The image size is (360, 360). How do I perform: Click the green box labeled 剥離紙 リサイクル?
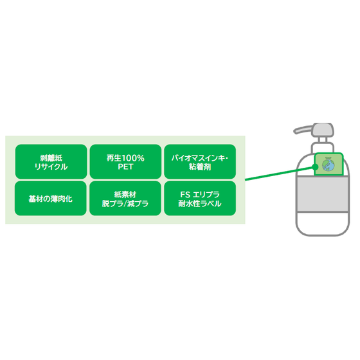click(51, 161)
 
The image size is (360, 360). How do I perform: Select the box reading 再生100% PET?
click(125, 161)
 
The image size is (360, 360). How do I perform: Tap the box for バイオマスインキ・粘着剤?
click(200, 161)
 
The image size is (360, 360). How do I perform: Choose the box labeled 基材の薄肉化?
click(51, 199)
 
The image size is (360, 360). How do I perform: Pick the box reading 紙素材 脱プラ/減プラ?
click(125, 199)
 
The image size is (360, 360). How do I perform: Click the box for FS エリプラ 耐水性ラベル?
click(200, 199)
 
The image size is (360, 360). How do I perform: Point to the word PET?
click(125, 167)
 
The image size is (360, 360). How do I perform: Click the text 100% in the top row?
click(132, 158)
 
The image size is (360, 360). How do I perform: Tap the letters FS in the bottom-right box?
click(185, 195)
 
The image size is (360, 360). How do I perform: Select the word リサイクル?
click(51, 167)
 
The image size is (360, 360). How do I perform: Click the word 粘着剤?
click(200, 167)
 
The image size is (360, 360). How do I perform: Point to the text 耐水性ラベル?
click(200, 204)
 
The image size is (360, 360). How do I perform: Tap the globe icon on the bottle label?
click(328, 165)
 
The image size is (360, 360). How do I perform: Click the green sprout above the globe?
click(328, 157)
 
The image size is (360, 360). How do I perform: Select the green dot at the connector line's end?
click(315, 166)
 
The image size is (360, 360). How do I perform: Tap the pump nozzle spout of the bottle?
click(303, 129)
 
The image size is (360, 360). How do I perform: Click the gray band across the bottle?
click(323, 194)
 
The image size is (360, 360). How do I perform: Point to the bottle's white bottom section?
click(323, 222)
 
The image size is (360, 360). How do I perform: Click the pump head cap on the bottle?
click(323, 130)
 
